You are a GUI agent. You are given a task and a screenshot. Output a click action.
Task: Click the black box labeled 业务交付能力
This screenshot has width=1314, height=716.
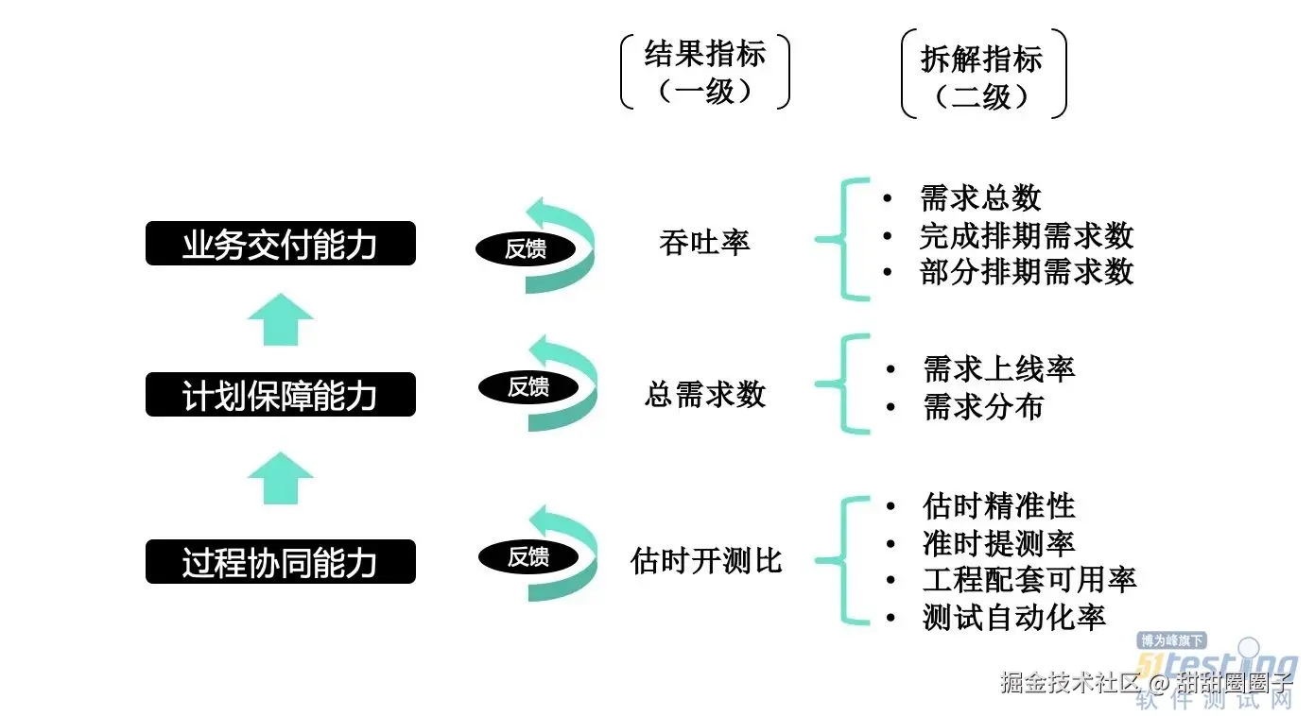280,244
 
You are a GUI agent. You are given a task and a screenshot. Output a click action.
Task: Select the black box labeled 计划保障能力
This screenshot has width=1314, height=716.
280,395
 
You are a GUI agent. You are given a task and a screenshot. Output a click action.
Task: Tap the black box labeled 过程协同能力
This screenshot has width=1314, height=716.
280,562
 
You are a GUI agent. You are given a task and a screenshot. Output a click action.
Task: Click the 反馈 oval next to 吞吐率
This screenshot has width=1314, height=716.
525,248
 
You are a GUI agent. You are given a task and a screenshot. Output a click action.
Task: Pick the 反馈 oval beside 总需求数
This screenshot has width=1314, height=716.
527,386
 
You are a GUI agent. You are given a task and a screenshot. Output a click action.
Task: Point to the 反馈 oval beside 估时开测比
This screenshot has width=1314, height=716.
527,556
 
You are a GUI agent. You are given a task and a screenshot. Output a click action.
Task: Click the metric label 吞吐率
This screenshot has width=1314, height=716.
704,242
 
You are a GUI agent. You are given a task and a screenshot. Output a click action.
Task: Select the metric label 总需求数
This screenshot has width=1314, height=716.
704,394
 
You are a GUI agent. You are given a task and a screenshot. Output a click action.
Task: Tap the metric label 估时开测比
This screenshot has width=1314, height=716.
706,561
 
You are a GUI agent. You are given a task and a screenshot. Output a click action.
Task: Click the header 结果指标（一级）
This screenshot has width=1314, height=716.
705,72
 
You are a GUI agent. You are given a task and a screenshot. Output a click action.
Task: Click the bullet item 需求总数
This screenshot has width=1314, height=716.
980,198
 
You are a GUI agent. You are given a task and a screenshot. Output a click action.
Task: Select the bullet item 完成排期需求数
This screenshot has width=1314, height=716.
1026,235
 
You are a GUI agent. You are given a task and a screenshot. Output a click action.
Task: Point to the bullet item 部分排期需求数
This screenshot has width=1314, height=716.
1026,272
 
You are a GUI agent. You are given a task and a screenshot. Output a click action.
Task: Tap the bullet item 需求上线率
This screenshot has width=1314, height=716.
998,369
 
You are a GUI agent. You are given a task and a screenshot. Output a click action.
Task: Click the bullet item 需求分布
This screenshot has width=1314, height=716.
983,407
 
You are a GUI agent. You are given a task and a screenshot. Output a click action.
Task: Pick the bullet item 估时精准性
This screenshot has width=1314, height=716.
998,506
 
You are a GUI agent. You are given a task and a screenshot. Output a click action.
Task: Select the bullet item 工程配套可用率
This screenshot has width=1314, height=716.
1029,580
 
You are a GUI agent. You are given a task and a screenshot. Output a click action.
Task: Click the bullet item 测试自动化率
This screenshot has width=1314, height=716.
1013,618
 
